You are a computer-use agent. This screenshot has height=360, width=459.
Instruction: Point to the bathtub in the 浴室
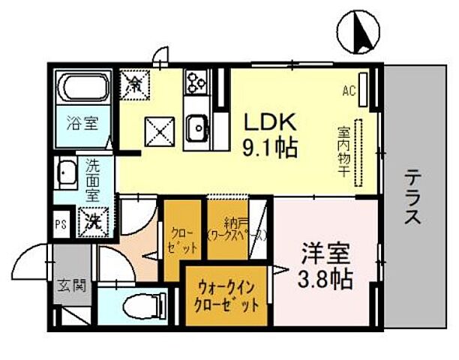click(x=85, y=89)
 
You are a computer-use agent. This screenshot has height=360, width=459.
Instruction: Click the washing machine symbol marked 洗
click(x=94, y=220)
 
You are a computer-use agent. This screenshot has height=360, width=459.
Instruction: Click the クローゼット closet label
click(x=183, y=240)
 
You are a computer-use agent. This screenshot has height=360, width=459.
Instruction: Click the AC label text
click(x=349, y=91)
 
